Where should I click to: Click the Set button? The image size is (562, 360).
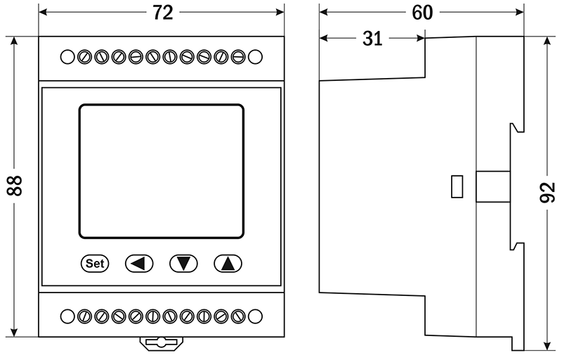[x=95, y=264]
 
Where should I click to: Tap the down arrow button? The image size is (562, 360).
[x=184, y=264]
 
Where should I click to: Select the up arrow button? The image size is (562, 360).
[x=228, y=264]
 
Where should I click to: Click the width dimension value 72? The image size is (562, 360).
[x=162, y=13]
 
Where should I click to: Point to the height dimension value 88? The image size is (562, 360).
[x=15, y=186]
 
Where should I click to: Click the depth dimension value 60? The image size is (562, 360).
[x=422, y=13]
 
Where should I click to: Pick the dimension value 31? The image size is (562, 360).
[x=372, y=39]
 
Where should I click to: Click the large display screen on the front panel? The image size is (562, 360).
[x=162, y=172]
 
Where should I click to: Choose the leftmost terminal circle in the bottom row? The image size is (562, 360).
[x=67, y=316]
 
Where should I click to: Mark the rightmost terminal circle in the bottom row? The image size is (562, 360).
[x=255, y=316]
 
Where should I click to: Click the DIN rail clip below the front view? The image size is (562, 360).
[x=162, y=343]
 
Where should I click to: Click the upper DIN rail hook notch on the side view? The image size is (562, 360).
[x=516, y=127]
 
